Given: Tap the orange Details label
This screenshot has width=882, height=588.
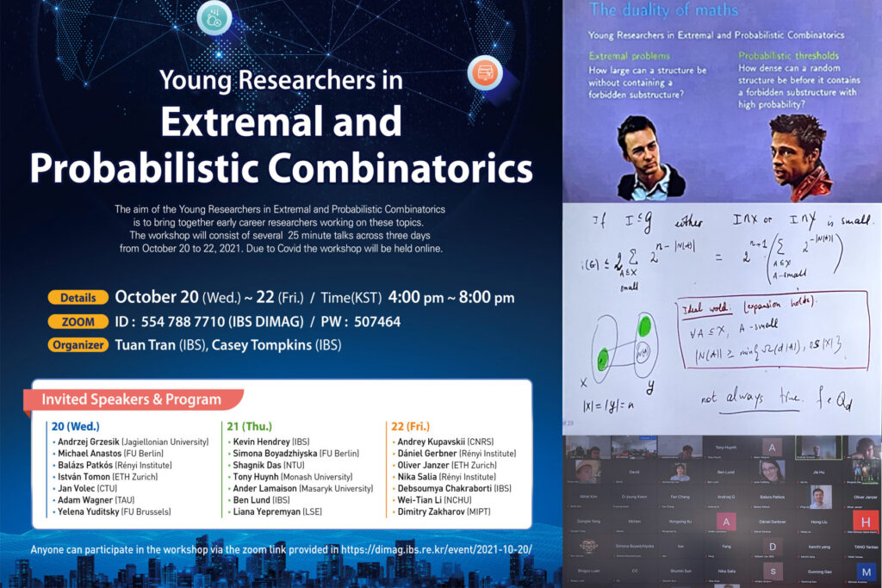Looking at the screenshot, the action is [78, 298].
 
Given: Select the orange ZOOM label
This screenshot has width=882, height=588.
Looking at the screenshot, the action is [78, 321].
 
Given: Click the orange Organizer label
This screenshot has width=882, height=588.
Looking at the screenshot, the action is [78, 345].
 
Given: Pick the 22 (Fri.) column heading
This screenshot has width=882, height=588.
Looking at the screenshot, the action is [411, 426].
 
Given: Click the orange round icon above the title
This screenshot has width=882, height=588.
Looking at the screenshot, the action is [484, 72].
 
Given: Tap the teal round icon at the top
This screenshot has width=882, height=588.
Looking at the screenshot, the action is [213, 16].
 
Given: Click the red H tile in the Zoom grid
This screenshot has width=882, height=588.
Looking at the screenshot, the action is [867, 523].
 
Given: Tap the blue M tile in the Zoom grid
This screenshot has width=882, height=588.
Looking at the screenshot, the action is [867, 572].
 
